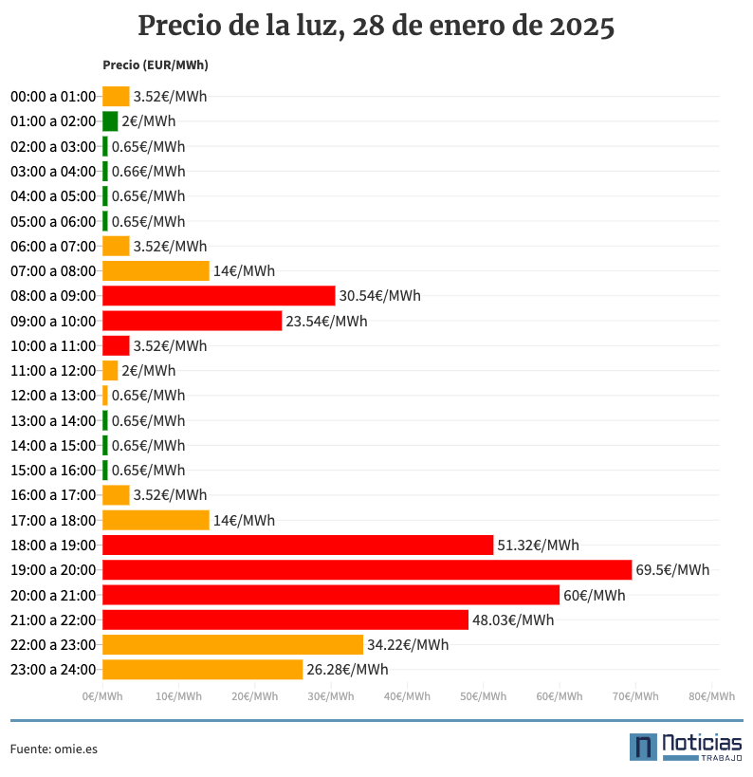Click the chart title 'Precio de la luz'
[376, 26]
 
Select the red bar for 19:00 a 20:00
[366, 570]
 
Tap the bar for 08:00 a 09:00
[218, 296]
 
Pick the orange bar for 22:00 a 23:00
[232, 645]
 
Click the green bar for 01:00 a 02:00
[110, 121]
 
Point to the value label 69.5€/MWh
[672, 570]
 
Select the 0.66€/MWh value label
[148, 172]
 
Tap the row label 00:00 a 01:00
[53, 97]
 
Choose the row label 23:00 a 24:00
[53, 670]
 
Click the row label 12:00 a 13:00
[53, 396]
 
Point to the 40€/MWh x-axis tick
[407, 696]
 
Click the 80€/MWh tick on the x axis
[711, 696]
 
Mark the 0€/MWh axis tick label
[102, 696]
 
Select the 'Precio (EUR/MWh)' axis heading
[155, 65]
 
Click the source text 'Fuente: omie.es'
[54, 749]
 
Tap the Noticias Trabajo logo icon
[643, 747]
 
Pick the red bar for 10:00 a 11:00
[116, 346]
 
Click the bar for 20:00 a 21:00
[330, 595]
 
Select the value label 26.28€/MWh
[347, 670]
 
